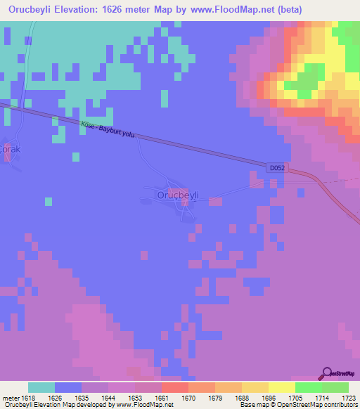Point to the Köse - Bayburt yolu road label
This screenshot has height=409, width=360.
pyautogui.click(x=107, y=129)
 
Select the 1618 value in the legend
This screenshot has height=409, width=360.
pyautogui.click(x=28, y=398)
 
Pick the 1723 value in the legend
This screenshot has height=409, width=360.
pyautogui.click(x=347, y=398)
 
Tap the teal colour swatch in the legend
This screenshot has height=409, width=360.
pyautogui.click(x=41, y=387)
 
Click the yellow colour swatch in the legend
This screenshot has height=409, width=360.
pyautogui.click(x=281, y=387)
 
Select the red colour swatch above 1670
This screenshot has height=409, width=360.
pyautogui.click(x=174, y=387)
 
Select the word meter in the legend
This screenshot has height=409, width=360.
pyautogui.click(x=11, y=398)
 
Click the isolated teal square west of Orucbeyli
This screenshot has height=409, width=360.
pyautogui.click(x=49, y=202)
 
